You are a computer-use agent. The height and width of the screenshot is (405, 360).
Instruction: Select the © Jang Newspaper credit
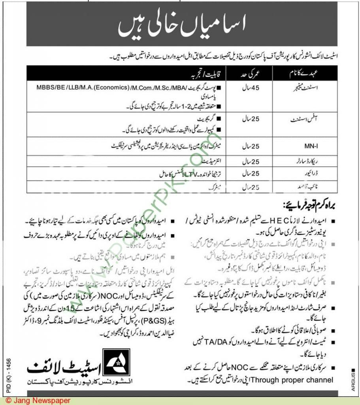click(36, 401)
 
